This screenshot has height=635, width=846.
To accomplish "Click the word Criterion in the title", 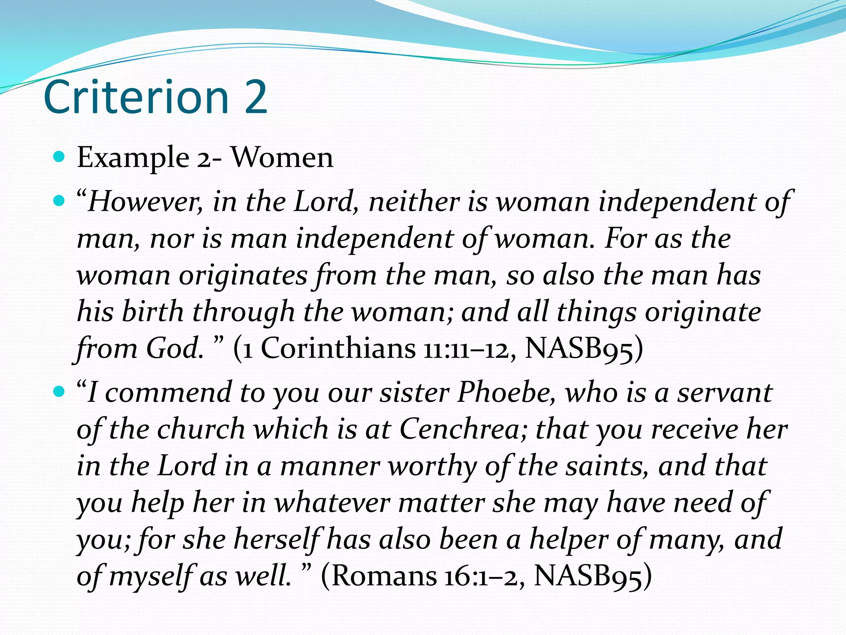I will (136, 98).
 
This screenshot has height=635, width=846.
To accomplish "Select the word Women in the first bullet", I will (282, 158).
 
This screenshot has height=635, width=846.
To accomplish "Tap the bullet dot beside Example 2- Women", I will (60, 157).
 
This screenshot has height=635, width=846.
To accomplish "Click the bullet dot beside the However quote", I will (60, 201).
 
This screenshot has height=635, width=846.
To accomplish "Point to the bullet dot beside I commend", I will (60, 391).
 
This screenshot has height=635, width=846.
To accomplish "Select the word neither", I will (414, 202).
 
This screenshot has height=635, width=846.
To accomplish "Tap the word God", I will (173, 349).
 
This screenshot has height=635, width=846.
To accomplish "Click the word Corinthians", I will (338, 349).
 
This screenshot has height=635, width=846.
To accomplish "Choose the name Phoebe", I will (506, 392).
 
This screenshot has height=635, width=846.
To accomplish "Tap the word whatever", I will (333, 503).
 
